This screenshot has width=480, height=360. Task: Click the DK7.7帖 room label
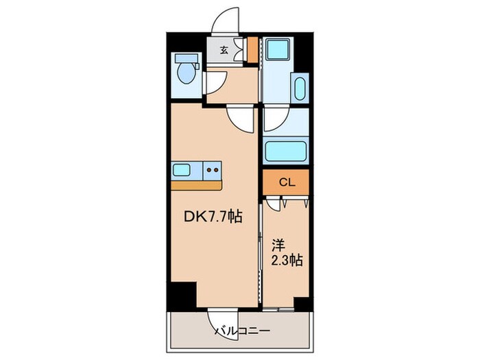click(x=213, y=217)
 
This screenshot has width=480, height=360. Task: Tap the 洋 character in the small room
click(x=279, y=245)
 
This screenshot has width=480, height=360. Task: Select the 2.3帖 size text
click(x=287, y=261)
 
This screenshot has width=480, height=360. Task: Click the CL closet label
click(x=287, y=182)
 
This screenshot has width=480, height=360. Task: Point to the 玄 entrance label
click(x=224, y=50)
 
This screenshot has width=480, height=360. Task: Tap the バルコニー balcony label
click(x=242, y=331)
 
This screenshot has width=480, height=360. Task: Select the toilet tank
click(x=186, y=58)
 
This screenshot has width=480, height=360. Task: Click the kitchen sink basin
click(x=182, y=169)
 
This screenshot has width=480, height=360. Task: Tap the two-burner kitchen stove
click(x=212, y=170)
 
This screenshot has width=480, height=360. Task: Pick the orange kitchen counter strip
click(x=197, y=186)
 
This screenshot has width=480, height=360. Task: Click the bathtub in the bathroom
click(x=286, y=151)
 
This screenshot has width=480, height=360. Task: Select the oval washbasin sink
click(x=300, y=88)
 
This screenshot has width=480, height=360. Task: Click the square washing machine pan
click(x=278, y=49)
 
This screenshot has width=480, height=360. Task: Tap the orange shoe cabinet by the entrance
click(x=252, y=49)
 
